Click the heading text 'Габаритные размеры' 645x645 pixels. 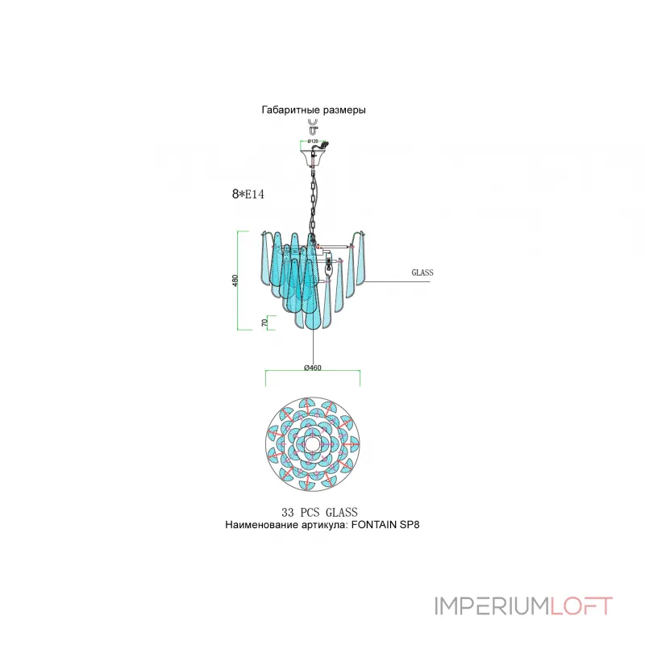[x=314, y=110]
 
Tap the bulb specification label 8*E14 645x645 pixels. [x=248, y=194]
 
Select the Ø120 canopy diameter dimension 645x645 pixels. [x=313, y=140]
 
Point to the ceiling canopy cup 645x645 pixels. [x=313, y=152]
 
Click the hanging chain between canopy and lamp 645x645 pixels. [x=313, y=193]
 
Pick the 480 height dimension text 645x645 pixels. [x=235, y=281]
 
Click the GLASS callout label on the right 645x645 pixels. [x=422, y=273]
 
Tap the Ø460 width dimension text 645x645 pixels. [x=313, y=368]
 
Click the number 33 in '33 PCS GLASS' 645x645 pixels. [x=288, y=512]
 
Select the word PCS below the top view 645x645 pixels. [x=312, y=512]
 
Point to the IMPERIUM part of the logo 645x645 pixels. [x=491, y=605]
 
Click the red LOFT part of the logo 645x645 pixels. [x=580, y=605]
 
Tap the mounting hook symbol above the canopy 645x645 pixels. [x=313, y=126]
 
